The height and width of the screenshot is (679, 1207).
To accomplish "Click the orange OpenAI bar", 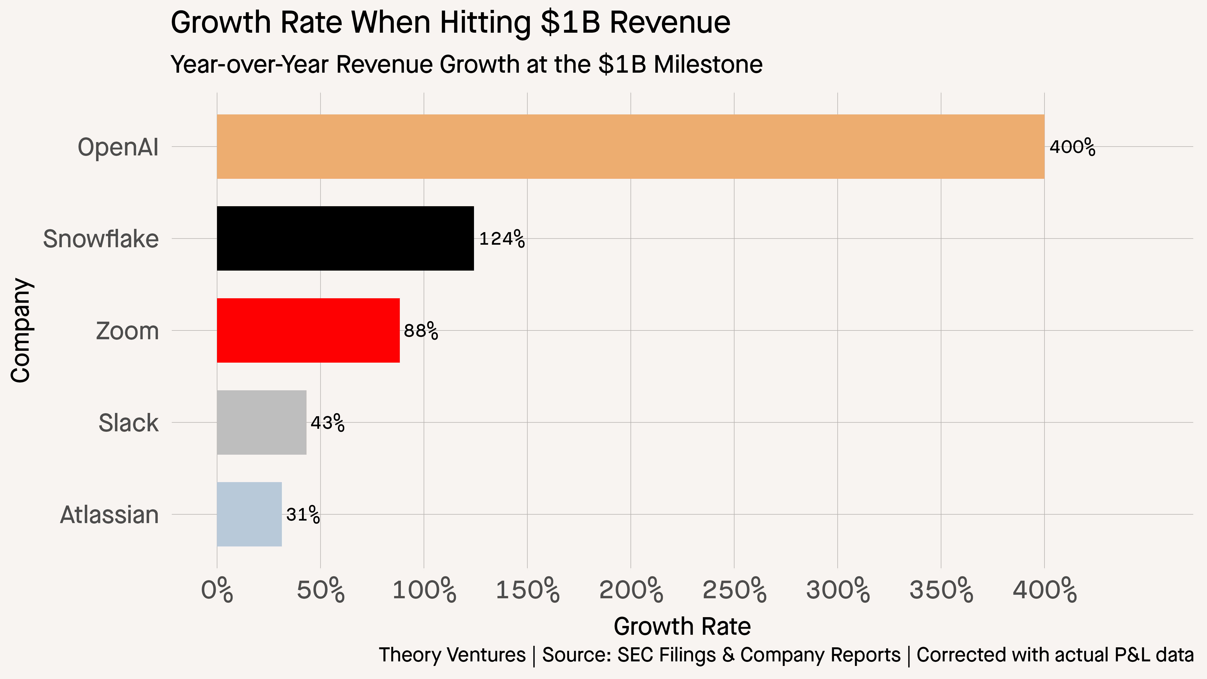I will tap(630, 147).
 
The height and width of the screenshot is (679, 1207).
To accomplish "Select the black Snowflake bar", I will tap(345, 238).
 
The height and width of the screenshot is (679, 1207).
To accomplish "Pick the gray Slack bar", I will tap(262, 422).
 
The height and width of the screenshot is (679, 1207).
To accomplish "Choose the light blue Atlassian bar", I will tap(249, 514).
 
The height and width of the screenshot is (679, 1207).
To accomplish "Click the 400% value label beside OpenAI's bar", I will tap(1072, 147).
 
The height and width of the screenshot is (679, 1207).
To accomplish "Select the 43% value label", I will tap(327, 423).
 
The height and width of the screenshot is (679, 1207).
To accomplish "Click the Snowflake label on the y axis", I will tap(101, 239).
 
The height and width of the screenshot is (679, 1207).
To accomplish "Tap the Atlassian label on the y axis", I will tap(109, 515).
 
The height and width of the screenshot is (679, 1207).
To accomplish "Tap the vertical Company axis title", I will tap(21, 330).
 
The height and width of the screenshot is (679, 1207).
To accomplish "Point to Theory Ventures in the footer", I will tap(452, 655).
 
